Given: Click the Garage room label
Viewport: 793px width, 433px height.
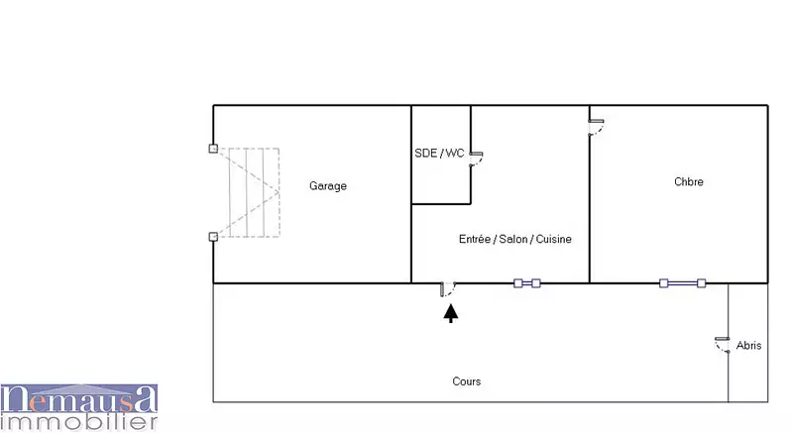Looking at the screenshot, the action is [x=328, y=186].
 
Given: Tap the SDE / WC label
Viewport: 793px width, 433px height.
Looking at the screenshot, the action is [x=439, y=154].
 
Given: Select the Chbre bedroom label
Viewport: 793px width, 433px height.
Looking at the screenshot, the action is [x=688, y=182].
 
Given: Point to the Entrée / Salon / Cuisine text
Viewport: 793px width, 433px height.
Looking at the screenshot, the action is [x=514, y=239].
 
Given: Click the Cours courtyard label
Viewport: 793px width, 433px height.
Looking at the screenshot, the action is [x=466, y=381].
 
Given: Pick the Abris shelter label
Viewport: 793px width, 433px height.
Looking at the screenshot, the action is [x=748, y=346].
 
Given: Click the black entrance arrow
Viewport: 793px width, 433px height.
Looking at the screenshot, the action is [x=451, y=313].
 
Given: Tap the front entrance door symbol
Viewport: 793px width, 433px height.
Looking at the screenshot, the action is [x=447, y=289].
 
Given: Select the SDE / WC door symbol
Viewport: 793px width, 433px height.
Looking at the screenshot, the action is [x=476, y=159].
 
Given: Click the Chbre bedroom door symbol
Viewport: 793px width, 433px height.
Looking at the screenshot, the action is [x=596, y=127].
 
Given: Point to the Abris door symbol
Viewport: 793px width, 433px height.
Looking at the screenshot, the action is [x=723, y=344].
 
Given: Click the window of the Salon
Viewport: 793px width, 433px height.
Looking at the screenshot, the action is [x=527, y=283].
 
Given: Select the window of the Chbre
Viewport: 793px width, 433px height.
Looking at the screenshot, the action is [x=682, y=283].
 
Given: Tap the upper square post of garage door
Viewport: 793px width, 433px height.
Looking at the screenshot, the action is [x=213, y=149].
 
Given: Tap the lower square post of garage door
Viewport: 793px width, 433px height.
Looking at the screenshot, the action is [x=213, y=237].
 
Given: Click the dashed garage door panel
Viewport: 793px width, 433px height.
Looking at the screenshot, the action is [x=254, y=192].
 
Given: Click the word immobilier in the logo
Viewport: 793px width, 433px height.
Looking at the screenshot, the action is [x=79, y=421].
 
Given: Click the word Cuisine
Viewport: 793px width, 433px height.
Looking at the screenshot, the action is [x=553, y=239].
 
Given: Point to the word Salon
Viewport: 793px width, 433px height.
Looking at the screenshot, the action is [x=512, y=239].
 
